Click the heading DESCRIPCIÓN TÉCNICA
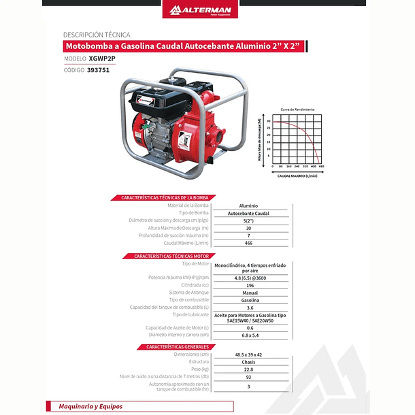(x=96, y=34)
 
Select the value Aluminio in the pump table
(x=248, y=205)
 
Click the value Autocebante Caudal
(x=248, y=213)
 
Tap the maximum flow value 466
(x=248, y=243)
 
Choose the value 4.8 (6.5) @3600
(x=248, y=278)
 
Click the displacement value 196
(x=248, y=285)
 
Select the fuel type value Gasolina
(x=249, y=300)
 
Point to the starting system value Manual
(x=249, y=293)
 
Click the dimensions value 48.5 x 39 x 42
(x=249, y=354)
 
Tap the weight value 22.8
(x=249, y=369)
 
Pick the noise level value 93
(x=249, y=377)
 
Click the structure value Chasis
(x=249, y=362)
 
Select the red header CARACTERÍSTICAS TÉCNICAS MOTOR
(x=163, y=256)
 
